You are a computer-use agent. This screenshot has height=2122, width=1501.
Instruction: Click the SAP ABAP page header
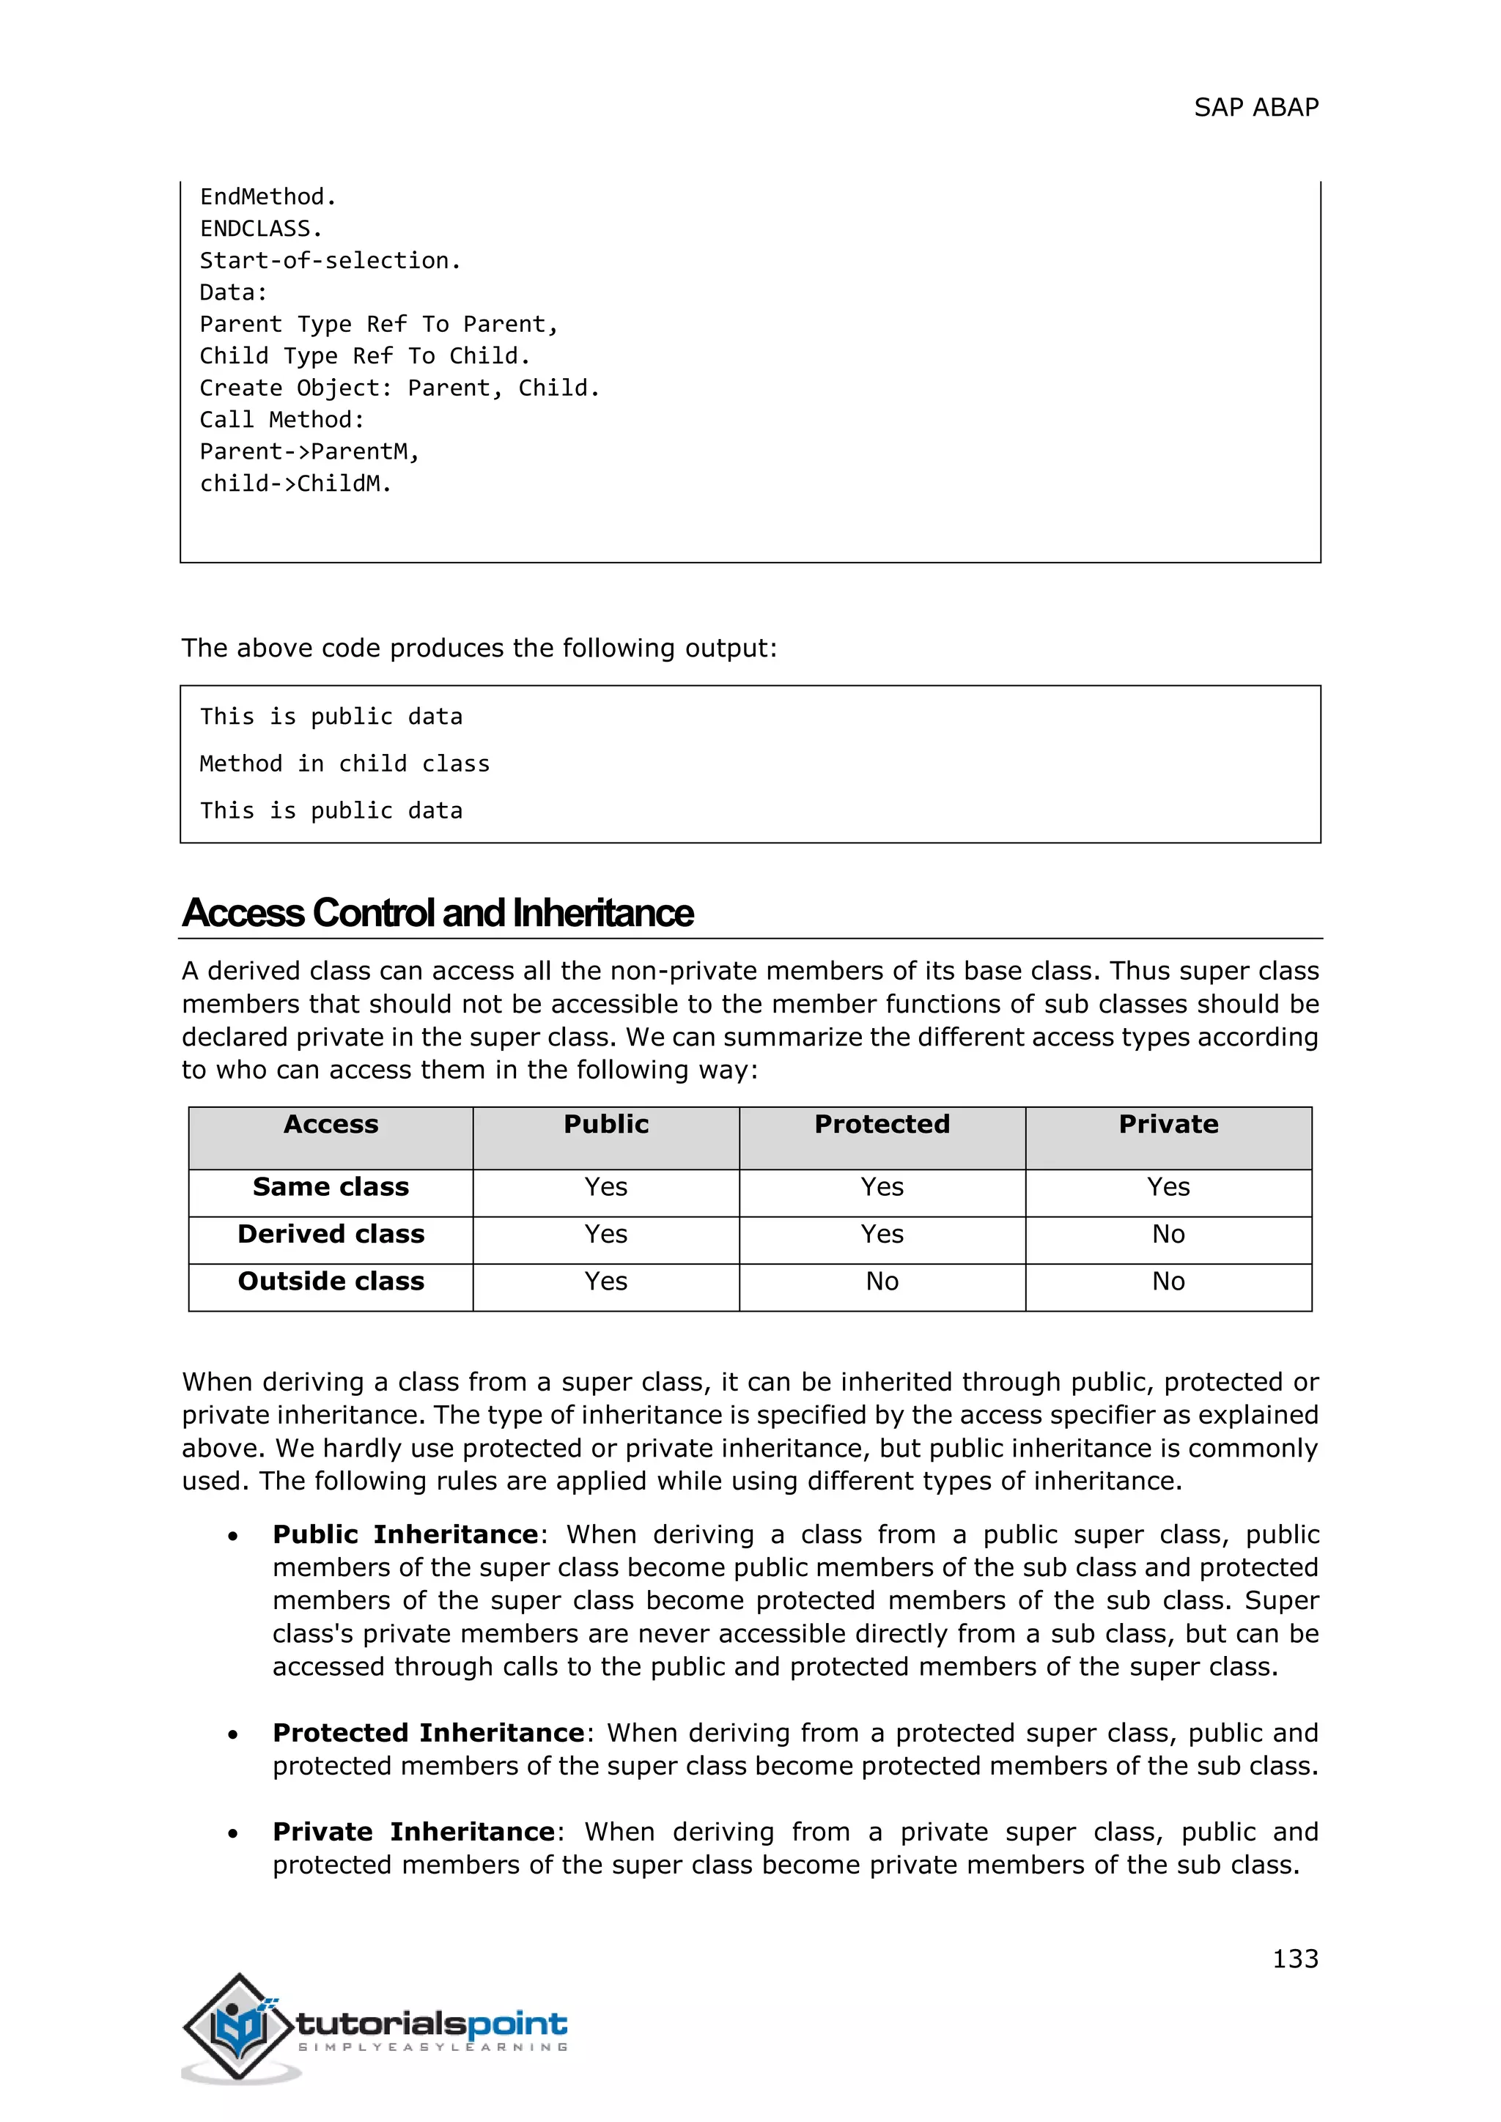tap(1255, 108)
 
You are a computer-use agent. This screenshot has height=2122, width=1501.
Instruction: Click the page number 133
tap(1295, 1959)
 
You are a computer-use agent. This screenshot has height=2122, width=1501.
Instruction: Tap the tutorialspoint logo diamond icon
tap(240, 2027)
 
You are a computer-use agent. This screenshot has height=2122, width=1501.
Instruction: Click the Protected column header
tap(882, 1124)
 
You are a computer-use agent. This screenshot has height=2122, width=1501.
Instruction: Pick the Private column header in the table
tap(1168, 1124)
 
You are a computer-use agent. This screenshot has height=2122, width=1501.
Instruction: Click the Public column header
tap(605, 1124)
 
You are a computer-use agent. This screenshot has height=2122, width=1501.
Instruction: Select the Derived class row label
tap(331, 1234)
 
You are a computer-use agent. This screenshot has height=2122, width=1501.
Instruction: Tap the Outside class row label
tap(331, 1281)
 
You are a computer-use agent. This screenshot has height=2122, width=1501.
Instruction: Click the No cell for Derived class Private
tap(1168, 1234)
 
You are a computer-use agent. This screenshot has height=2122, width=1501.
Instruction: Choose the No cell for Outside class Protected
tap(882, 1281)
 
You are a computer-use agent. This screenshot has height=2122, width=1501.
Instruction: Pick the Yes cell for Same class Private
tap(1168, 1187)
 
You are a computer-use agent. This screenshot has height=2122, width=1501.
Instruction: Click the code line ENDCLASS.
tap(261, 229)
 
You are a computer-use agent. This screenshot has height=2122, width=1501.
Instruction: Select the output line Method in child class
tap(344, 764)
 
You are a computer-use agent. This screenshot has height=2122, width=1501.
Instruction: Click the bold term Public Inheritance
tap(405, 1534)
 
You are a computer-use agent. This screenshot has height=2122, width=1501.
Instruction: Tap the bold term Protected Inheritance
tap(428, 1732)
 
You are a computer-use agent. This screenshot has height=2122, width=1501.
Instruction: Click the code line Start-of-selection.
tap(330, 261)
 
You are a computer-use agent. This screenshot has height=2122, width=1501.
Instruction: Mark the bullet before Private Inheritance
tap(234, 1833)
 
